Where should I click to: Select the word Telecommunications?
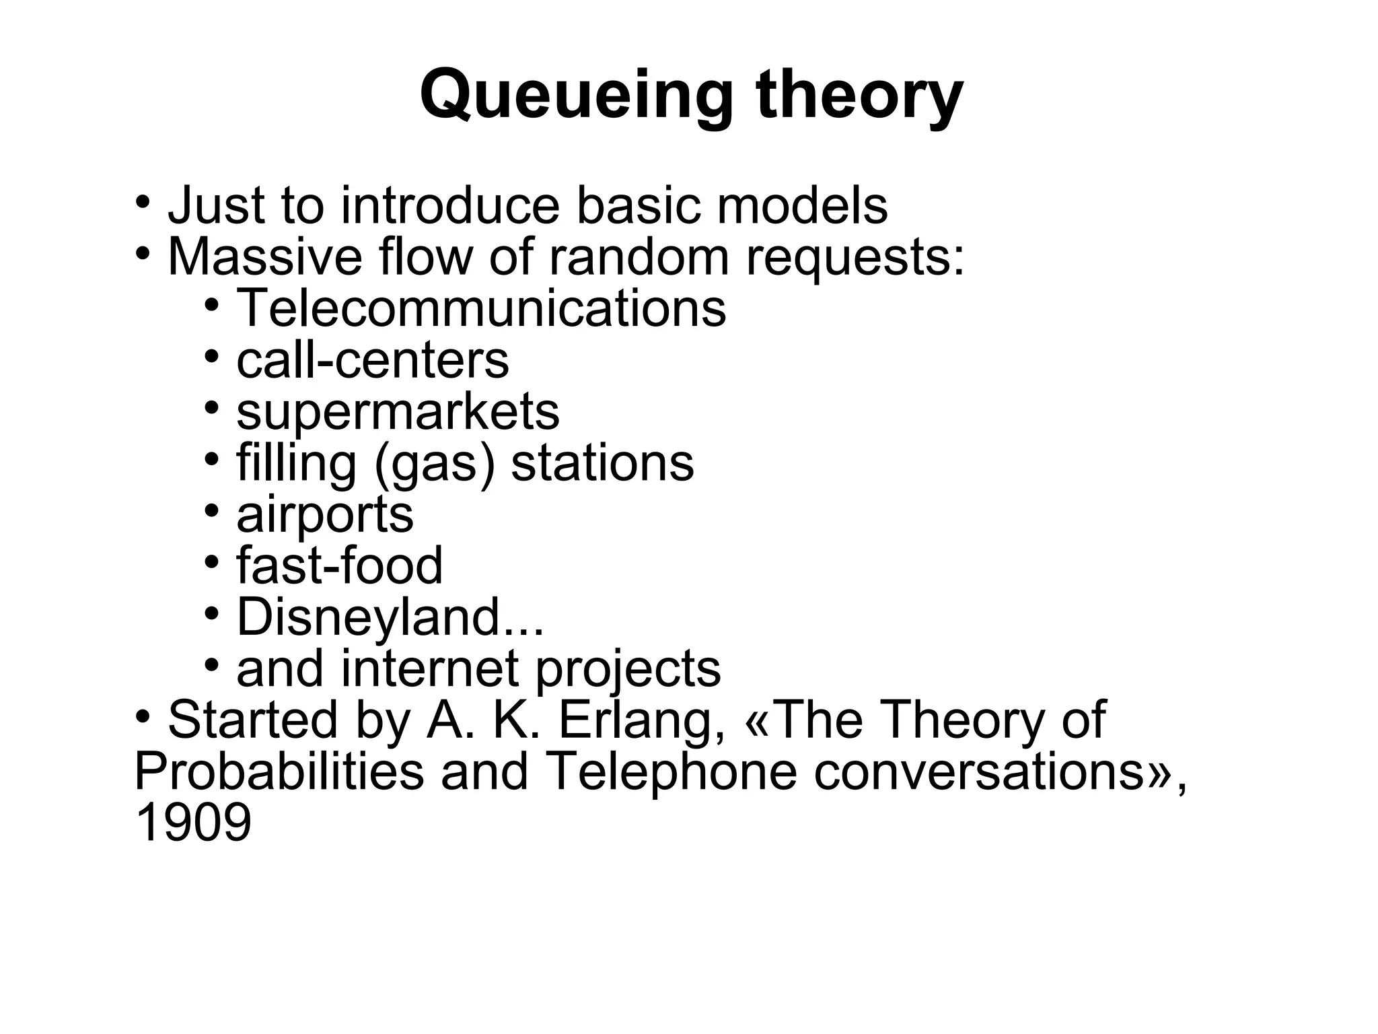[x=481, y=308]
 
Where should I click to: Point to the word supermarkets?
[x=398, y=411]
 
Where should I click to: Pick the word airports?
[x=325, y=515]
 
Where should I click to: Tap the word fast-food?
[x=340, y=566]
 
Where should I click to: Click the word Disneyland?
[x=369, y=617]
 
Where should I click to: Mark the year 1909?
[x=193, y=824]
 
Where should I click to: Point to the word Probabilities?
[x=279, y=773]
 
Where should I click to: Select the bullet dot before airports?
[x=212, y=510]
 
